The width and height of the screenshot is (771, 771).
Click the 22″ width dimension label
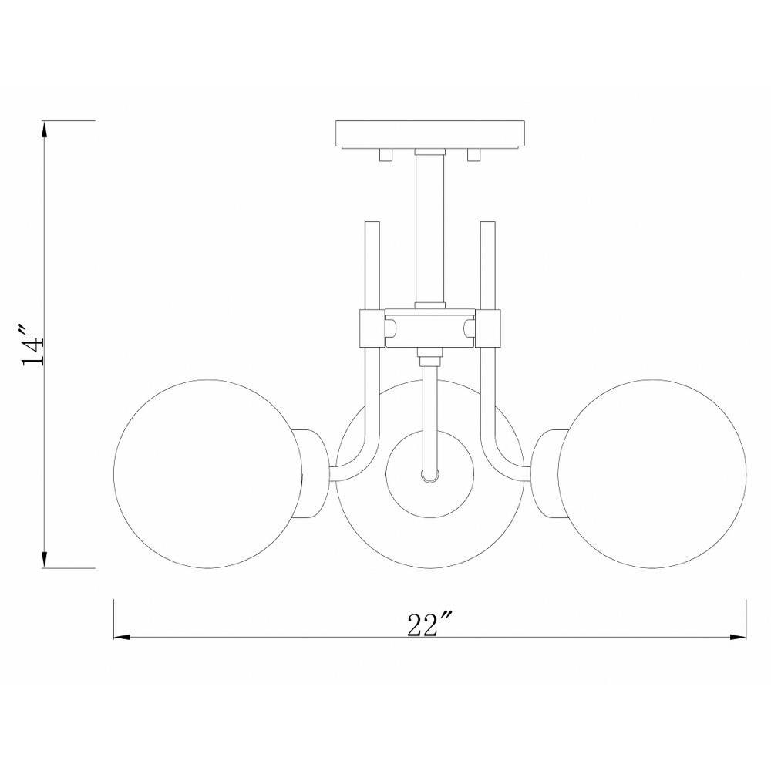click(429, 624)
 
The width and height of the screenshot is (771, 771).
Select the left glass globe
click(208, 474)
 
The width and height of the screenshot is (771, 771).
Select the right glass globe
click(652, 474)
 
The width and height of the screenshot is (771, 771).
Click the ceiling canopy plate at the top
click(429, 134)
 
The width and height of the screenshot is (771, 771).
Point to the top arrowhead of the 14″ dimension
click(45, 129)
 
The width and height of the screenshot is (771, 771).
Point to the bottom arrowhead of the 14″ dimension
click(45, 560)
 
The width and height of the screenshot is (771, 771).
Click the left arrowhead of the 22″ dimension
click(122, 638)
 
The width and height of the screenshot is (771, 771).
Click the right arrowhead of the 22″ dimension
click(739, 638)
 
